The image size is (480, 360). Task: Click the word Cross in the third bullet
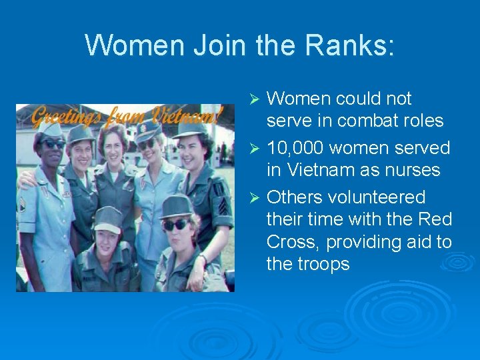coord(293,241)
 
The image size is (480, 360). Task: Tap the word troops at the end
coord(323,264)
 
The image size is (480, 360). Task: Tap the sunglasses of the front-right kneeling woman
coord(175,225)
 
